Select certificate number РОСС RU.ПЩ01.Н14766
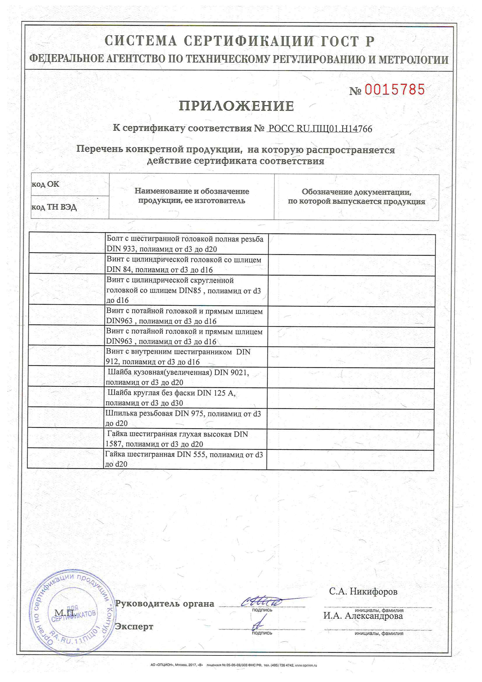click(320, 129)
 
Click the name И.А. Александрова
click(363, 616)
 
